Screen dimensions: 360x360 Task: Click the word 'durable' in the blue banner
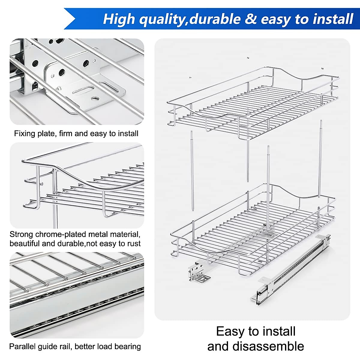215,19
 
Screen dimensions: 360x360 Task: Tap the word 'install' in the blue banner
333,19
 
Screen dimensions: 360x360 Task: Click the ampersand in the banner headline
250,19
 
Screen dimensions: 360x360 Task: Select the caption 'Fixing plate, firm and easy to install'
76,133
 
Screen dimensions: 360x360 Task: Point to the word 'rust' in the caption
134,243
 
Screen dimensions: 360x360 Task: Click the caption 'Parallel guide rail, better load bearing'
75,346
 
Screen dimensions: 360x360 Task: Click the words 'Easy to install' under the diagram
256,331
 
